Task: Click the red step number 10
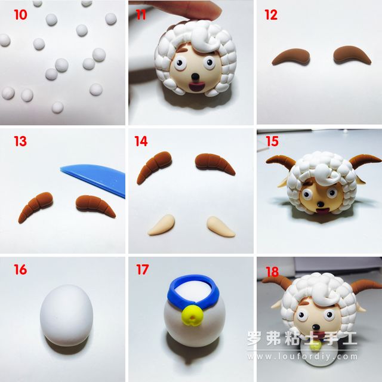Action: (x=20, y=15)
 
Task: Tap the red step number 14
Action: (x=141, y=141)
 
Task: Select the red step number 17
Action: (x=142, y=269)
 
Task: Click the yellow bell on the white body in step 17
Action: (x=192, y=316)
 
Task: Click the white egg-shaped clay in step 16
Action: (x=66, y=315)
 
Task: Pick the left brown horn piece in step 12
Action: (x=291, y=57)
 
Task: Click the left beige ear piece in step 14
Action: (x=162, y=225)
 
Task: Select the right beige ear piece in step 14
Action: (x=220, y=226)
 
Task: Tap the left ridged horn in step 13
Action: (x=36, y=207)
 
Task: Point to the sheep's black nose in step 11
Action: (x=195, y=77)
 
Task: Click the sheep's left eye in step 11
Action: (x=179, y=63)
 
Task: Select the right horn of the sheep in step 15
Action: (x=365, y=161)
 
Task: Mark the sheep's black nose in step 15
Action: (x=321, y=204)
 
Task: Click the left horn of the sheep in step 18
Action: (x=276, y=282)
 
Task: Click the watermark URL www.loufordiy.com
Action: (x=303, y=357)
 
